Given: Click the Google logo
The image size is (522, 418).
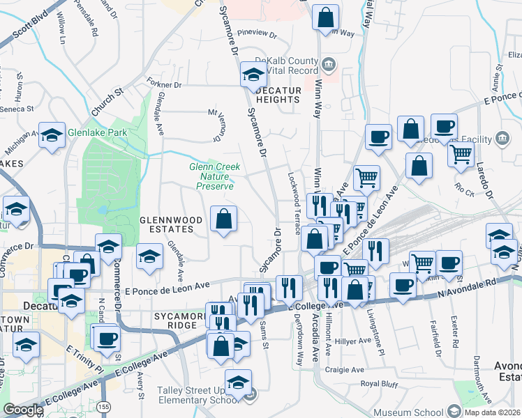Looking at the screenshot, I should point(23,410).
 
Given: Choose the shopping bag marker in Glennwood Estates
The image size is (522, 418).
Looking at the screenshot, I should point(224,220).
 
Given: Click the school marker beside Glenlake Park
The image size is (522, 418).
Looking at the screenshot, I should point(52,137).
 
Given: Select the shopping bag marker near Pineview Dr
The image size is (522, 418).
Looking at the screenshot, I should point(325,19).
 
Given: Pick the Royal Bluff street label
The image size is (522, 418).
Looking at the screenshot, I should point(380,384).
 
